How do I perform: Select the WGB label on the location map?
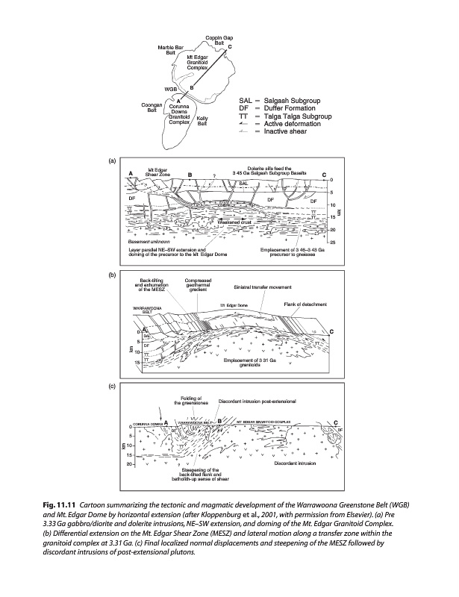point(171,90)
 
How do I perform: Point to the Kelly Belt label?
point(202,121)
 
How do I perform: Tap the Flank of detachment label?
point(302,304)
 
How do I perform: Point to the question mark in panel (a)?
point(213,177)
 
